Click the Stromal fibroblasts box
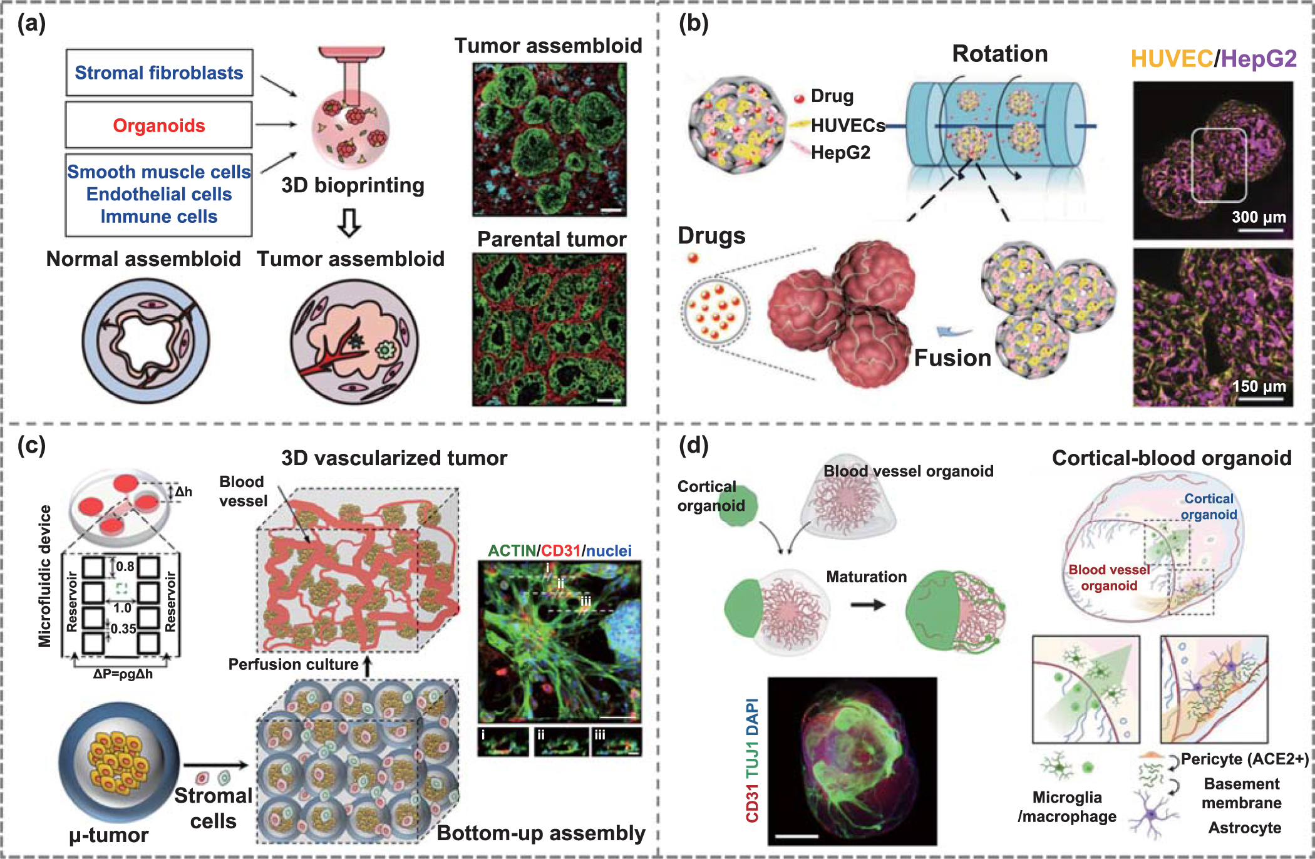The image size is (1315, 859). (159, 73)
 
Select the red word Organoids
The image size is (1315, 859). (159, 126)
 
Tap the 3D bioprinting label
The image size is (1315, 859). (353, 185)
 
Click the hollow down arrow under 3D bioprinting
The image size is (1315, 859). (349, 222)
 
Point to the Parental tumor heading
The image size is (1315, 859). (552, 239)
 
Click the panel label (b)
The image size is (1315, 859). (694, 24)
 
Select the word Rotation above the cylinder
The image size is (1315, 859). (1000, 54)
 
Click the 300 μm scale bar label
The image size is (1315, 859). (1259, 217)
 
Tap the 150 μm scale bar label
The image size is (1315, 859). (1259, 386)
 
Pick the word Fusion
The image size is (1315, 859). (952, 358)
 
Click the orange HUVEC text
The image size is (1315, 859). (1172, 59)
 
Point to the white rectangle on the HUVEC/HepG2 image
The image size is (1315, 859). (1219, 165)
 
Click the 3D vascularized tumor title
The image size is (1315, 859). (394, 458)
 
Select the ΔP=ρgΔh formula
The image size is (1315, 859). (123, 674)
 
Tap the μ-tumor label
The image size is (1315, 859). (109, 835)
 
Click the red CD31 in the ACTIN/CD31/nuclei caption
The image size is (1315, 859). (560, 551)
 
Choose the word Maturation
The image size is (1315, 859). (866, 577)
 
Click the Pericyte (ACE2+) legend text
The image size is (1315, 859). (1245, 759)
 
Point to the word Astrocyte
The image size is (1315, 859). (1245, 828)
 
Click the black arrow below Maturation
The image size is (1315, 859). (868, 605)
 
